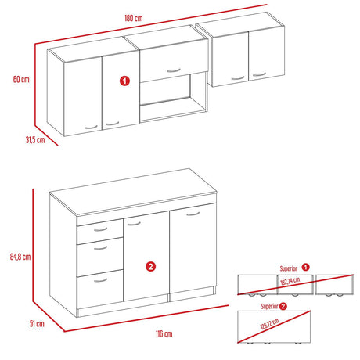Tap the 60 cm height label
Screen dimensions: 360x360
[x=21, y=80]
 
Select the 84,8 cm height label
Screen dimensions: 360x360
[x=21, y=256]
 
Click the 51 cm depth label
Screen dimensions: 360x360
[x=38, y=322]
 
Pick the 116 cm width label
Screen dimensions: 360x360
[x=164, y=334]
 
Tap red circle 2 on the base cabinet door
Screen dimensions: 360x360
[x=149, y=265]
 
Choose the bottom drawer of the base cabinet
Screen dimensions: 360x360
[x=99, y=283]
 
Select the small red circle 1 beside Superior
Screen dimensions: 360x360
[x=306, y=267]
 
